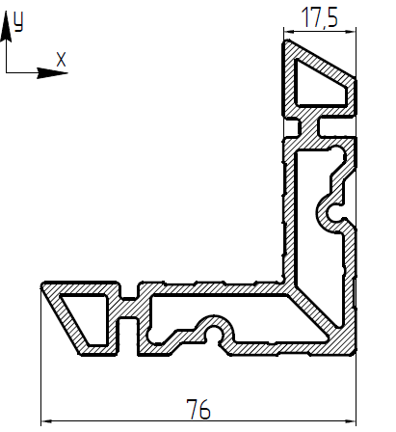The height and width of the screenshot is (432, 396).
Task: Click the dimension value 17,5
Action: click(x=320, y=17)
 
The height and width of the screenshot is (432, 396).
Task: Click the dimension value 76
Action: click(x=198, y=409)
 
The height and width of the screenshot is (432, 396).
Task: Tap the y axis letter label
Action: click(x=18, y=22)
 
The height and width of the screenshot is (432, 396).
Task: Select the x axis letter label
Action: click(x=61, y=60)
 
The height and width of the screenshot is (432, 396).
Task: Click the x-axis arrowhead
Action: click(x=52, y=73)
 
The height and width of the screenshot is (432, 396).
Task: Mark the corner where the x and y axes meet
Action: click(x=6, y=73)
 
